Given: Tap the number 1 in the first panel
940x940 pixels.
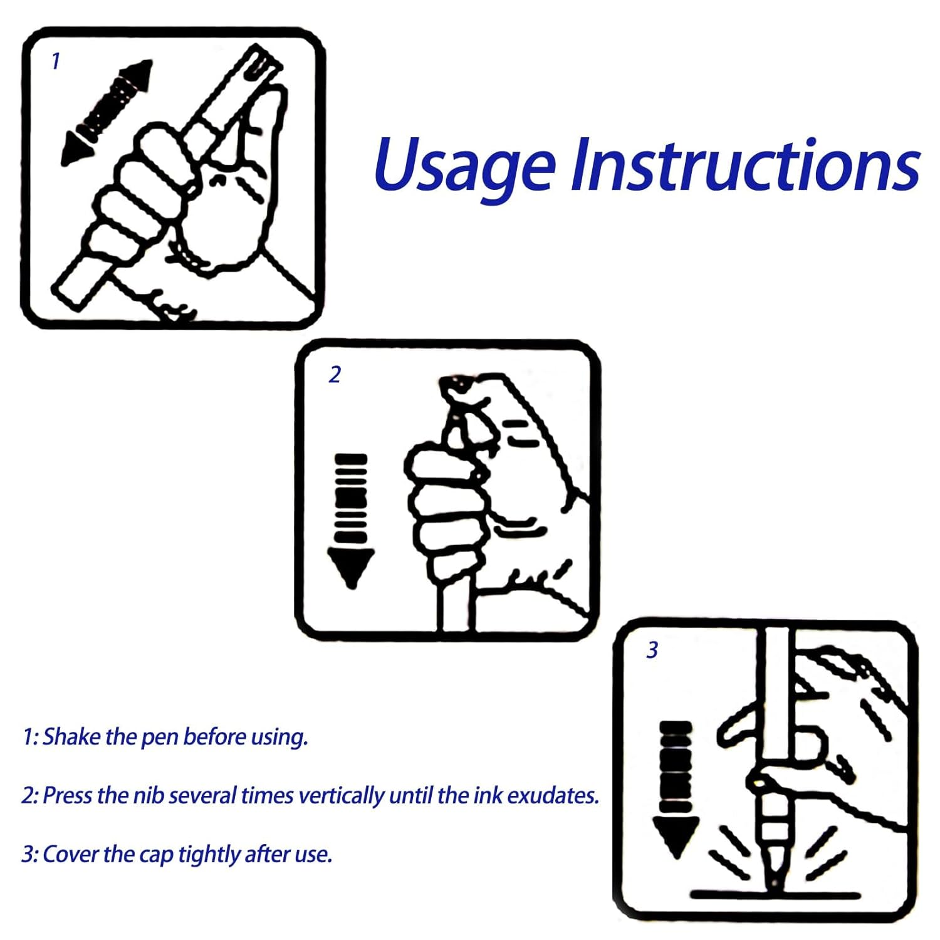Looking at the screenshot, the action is [56, 61].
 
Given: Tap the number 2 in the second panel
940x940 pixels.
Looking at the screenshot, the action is [335, 374].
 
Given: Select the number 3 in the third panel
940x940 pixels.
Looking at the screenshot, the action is [652, 650].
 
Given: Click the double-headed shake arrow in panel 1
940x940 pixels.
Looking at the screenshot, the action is [107, 113].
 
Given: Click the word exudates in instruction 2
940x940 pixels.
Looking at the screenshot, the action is [553, 795].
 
